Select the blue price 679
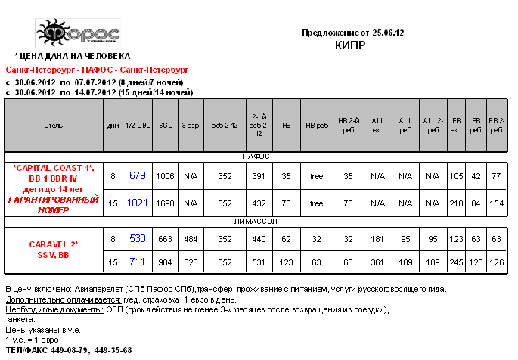click(x=137, y=175)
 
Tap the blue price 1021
click(x=137, y=203)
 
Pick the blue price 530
click(x=137, y=238)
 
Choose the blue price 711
click(x=137, y=262)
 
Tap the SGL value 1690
click(x=164, y=203)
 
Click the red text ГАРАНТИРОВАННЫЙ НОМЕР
click(x=54, y=205)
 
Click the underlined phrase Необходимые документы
click(x=45, y=310)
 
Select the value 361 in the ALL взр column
click(x=379, y=262)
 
